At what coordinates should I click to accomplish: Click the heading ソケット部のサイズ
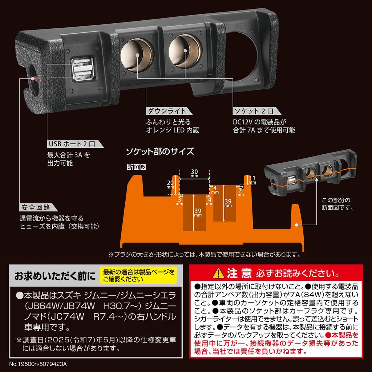click(x=159, y=151)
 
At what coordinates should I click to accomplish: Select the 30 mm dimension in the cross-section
click(x=194, y=173)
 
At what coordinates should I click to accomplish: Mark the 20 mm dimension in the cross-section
click(x=170, y=184)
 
